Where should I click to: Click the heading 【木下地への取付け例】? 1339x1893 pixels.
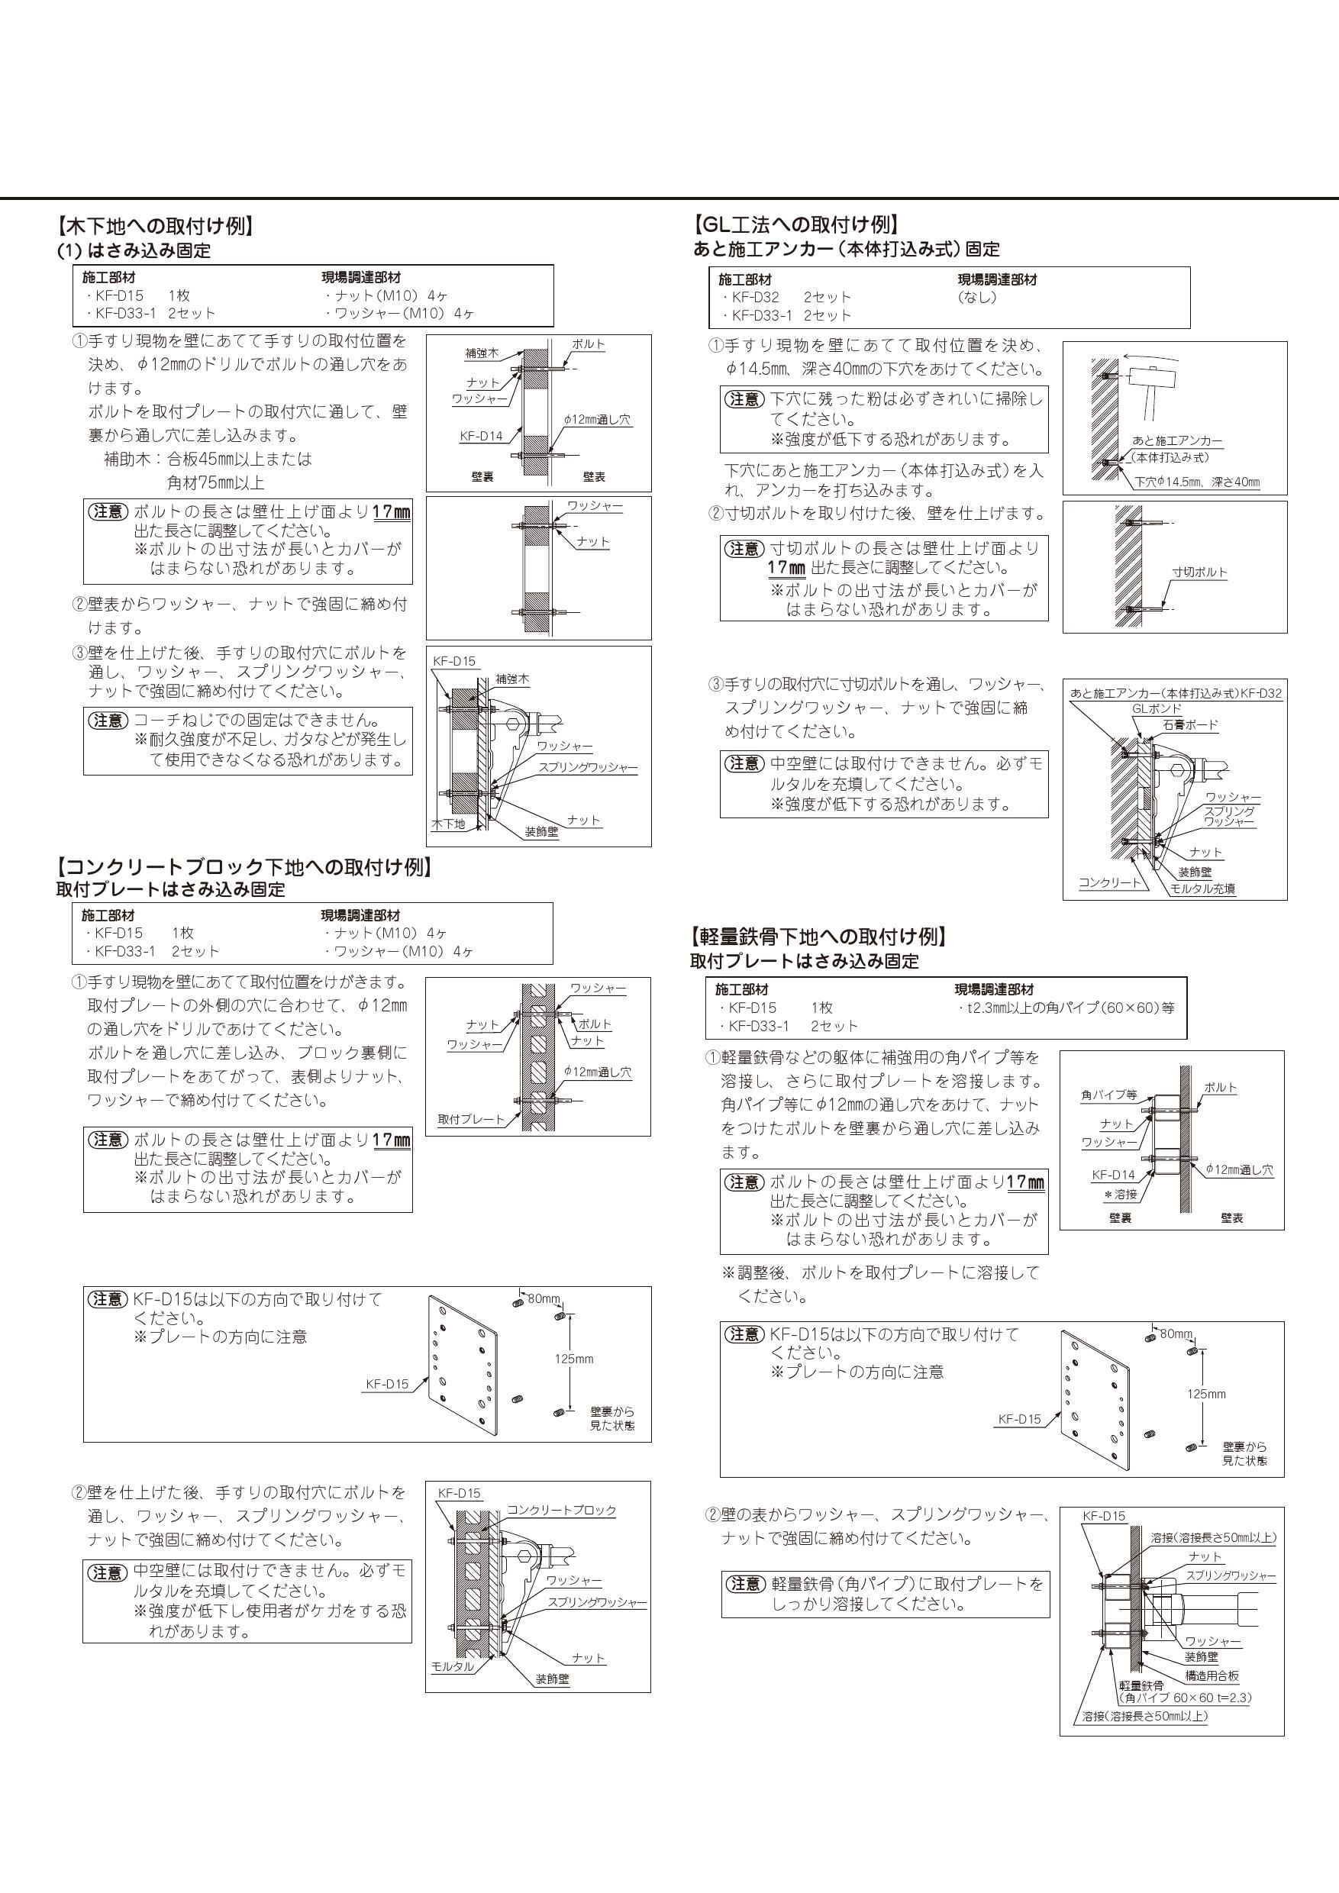pyautogui.click(x=154, y=226)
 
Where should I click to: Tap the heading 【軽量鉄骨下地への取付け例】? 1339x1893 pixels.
pyautogui.click(x=818, y=937)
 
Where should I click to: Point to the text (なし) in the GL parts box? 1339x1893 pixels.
pyautogui.click(x=977, y=298)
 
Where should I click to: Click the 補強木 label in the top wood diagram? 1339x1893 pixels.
pyautogui.click(x=482, y=353)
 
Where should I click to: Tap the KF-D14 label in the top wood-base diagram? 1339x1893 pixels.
pyautogui.click(x=481, y=437)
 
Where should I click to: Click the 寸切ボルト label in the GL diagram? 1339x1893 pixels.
pyautogui.click(x=1199, y=572)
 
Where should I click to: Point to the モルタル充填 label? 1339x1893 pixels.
pyautogui.click(x=1203, y=888)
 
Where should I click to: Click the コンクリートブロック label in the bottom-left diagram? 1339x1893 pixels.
pyautogui.click(x=562, y=1511)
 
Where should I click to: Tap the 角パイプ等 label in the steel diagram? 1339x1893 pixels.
pyautogui.click(x=1109, y=1095)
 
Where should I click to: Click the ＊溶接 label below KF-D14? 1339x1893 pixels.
pyautogui.click(x=1121, y=1193)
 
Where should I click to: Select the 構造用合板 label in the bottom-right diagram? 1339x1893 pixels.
pyautogui.click(x=1212, y=1676)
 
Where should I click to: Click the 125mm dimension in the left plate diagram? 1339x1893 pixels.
pyautogui.click(x=573, y=1359)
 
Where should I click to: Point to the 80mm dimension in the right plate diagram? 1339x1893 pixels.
pyautogui.click(x=1176, y=1334)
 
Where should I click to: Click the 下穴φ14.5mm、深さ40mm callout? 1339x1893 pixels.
pyautogui.click(x=1196, y=482)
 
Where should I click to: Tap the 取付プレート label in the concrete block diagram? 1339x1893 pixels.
pyautogui.click(x=471, y=1120)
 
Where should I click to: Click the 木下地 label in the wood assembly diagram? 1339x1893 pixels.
pyautogui.click(x=449, y=824)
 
